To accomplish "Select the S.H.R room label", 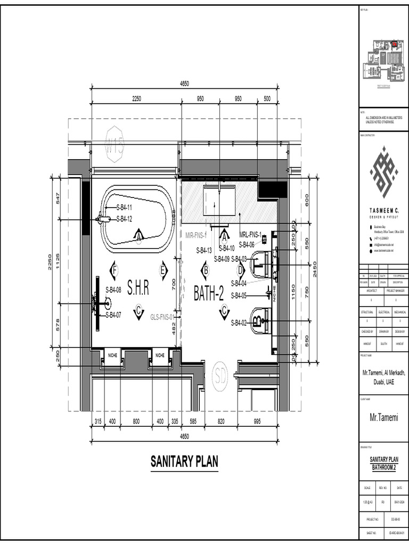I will pos(138,288).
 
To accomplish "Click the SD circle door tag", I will pos(219,376).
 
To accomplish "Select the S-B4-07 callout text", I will pos(113,315).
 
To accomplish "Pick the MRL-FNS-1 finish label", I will pos(250,234).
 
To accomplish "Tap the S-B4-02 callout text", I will pos(239,323).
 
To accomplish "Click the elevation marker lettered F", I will pos(114,270).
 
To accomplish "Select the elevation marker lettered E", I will pos(163,270).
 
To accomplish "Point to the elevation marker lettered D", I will pos(240,270).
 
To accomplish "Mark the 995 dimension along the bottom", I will pos(258,422).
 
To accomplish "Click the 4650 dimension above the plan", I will pos(184,84).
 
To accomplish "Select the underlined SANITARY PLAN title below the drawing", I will pos(184,461).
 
